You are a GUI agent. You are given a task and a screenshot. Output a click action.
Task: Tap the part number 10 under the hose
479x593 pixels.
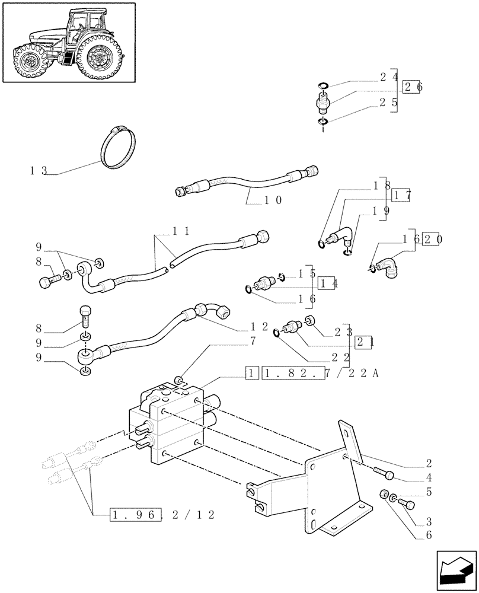pyautogui.click(x=273, y=200)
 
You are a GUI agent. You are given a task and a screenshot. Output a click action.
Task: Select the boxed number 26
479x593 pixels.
pyautogui.click(x=413, y=87)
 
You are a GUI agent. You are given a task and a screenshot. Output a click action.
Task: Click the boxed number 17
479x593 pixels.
pyautogui.click(x=401, y=194)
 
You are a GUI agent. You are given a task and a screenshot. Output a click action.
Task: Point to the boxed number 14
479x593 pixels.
pyautogui.click(x=328, y=283)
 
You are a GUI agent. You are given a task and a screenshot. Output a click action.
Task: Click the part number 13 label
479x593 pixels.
pyautogui.click(x=38, y=171)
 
